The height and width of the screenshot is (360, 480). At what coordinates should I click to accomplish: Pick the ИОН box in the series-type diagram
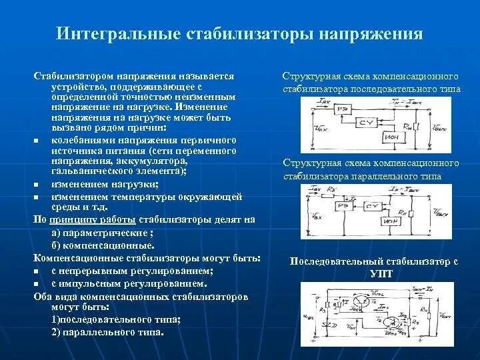(392, 137)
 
